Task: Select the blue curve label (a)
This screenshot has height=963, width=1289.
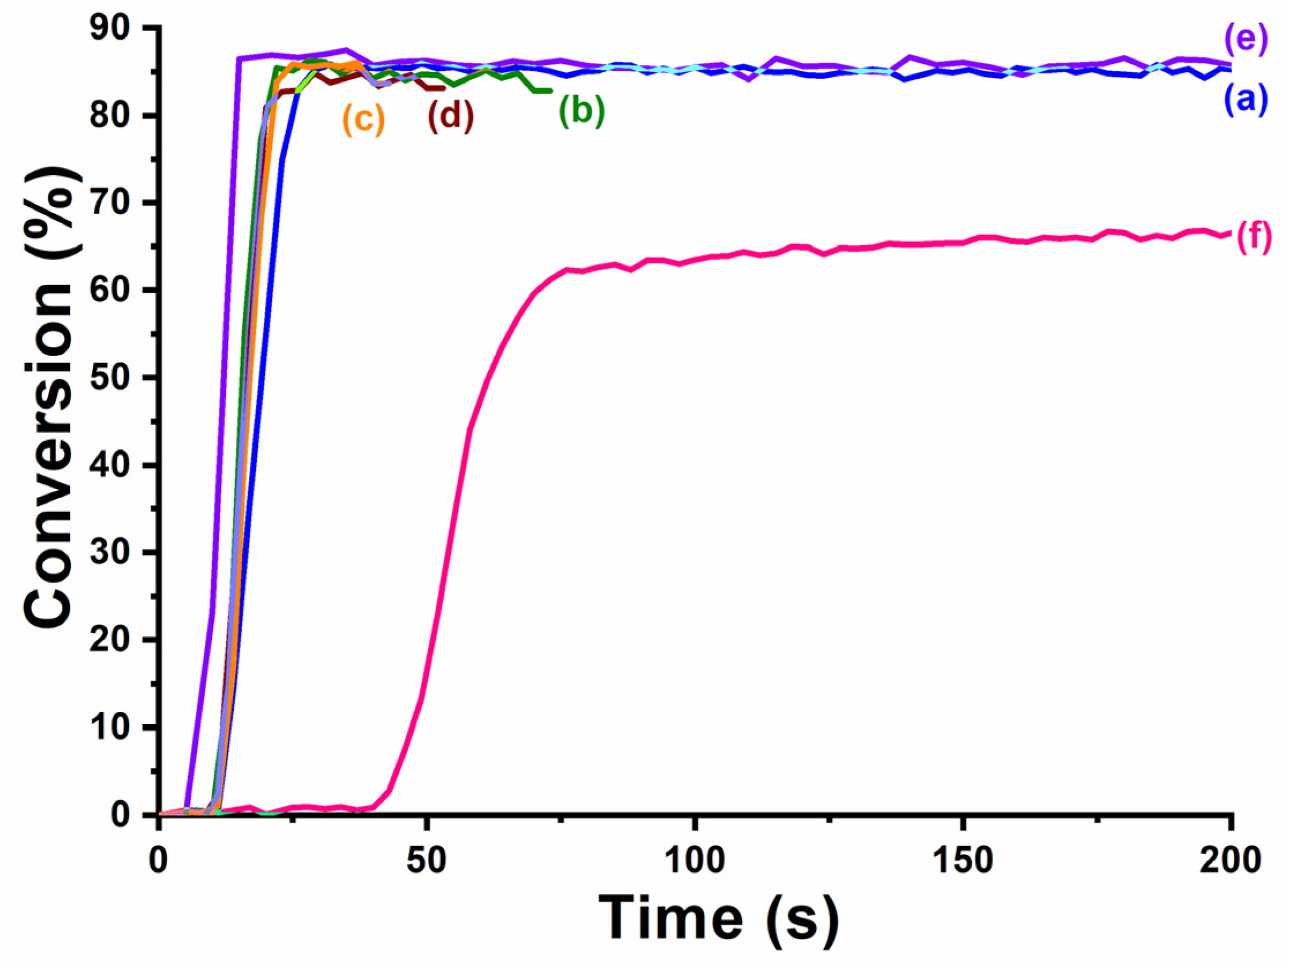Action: pos(1245,100)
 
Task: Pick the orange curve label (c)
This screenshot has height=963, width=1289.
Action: pos(364,119)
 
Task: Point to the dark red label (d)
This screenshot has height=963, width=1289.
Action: pos(450,115)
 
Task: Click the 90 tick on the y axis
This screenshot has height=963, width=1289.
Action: pos(117,28)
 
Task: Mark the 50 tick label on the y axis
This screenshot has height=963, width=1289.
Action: pos(117,378)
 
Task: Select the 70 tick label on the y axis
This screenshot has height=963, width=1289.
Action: pos(117,203)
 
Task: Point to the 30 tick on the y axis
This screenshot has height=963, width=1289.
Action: pos(117,552)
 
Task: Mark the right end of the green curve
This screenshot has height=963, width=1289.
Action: pos(551,91)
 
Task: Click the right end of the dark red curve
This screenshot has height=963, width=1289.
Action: pos(444,88)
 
